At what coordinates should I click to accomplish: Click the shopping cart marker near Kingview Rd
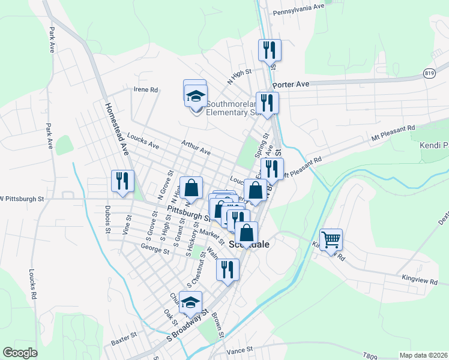tap(331, 241)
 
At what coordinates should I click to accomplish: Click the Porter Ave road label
tap(294, 85)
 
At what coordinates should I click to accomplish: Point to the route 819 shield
tap(429, 73)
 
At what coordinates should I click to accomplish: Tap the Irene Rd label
tap(146, 90)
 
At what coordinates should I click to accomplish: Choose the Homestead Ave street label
tap(117, 128)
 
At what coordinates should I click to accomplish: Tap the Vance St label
tap(240, 349)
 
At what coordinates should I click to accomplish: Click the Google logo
tap(20, 353)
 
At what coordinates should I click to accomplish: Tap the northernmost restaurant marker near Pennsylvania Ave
tap(268, 50)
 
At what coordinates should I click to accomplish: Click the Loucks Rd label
tap(32, 284)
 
